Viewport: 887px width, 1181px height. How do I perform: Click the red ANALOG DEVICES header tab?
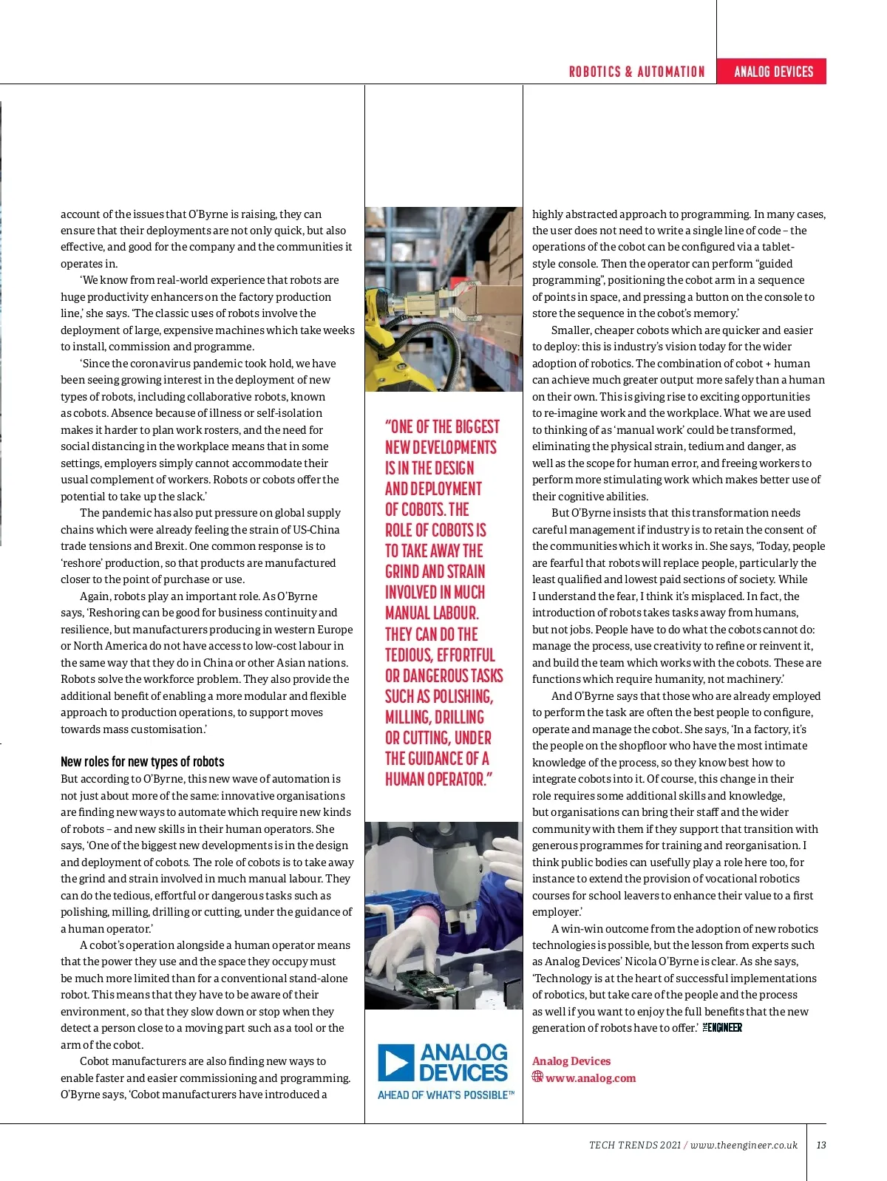click(772, 72)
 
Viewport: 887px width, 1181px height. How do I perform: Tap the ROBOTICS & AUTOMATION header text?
click(636, 72)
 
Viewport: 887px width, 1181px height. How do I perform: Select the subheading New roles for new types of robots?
click(142, 761)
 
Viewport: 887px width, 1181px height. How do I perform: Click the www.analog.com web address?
click(591, 1078)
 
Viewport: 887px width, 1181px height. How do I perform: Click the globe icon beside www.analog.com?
click(537, 1077)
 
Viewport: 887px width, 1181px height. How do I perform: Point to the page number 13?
click(820, 1145)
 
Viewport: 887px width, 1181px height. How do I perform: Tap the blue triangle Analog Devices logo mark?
click(395, 1063)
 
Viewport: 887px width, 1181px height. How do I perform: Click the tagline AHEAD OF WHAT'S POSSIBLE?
click(445, 1095)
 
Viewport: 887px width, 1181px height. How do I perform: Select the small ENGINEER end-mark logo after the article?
click(722, 1027)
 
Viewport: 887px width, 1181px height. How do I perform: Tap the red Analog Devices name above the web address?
click(571, 1061)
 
